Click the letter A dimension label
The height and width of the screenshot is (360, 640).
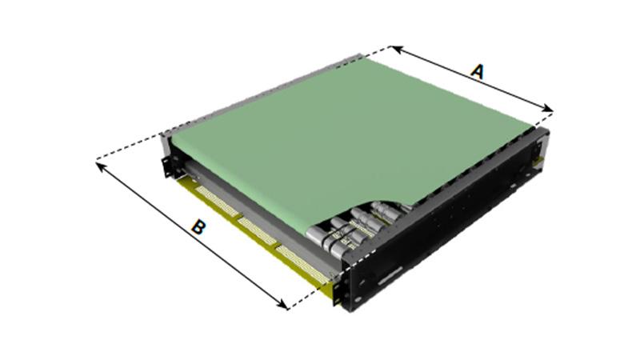[477, 72]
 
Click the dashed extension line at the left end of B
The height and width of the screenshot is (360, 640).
[128, 148]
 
